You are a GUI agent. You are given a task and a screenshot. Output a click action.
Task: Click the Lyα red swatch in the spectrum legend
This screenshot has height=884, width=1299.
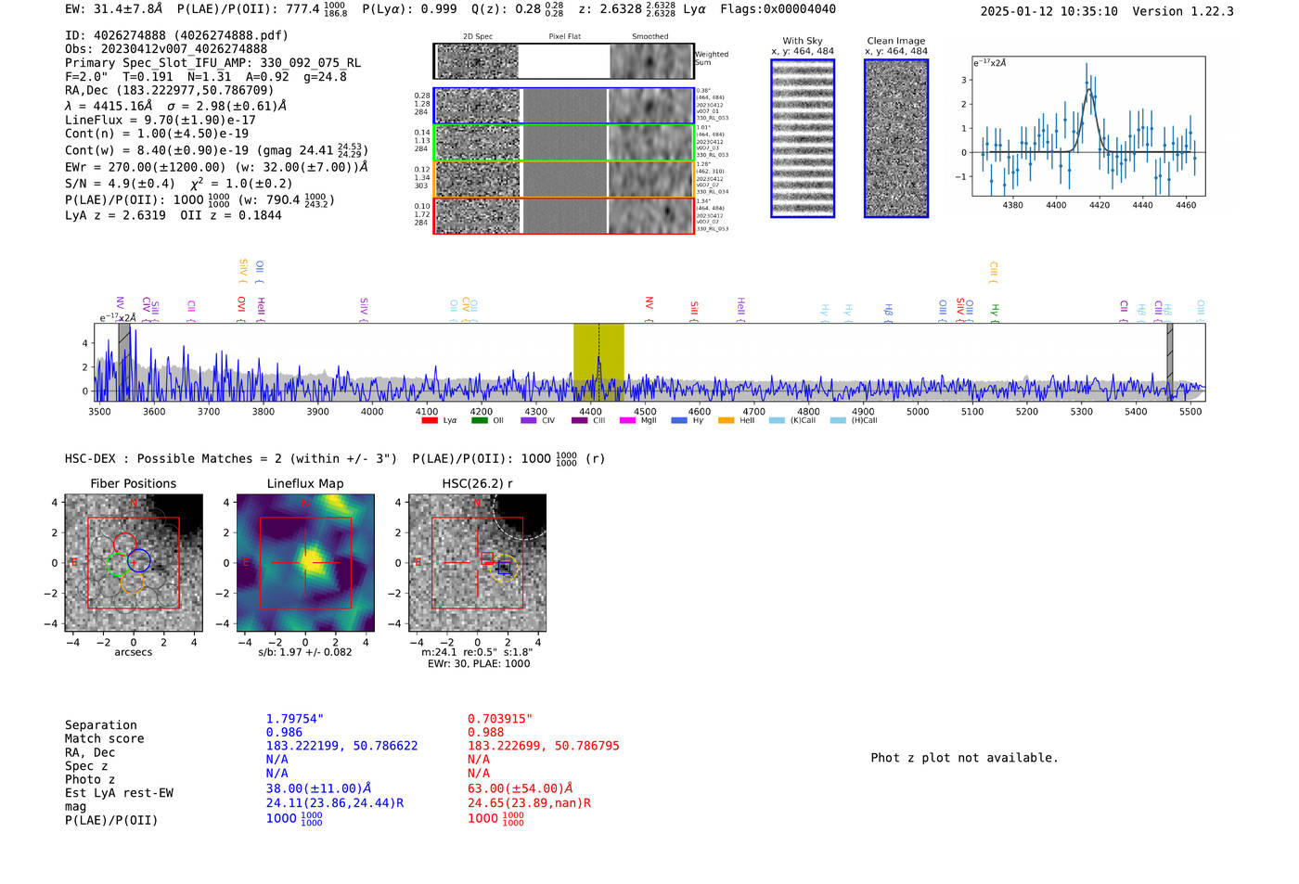(x=430, y=421)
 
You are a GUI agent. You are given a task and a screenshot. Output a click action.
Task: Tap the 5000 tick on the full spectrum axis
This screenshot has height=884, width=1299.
(x=918, y=406)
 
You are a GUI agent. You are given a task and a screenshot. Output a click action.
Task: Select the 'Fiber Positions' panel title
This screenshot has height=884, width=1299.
(x=133, y=483)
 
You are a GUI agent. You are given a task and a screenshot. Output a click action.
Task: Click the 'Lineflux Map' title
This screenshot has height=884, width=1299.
(x=305, y=483)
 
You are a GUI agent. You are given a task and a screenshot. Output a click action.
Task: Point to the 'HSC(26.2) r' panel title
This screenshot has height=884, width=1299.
(x=477, y=483)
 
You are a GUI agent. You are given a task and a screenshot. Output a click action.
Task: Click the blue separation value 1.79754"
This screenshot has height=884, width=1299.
(x=294, y=719)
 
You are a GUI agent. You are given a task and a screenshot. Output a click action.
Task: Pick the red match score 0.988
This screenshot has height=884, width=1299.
(x=485, y=733)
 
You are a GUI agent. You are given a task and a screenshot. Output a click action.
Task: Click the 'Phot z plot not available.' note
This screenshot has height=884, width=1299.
(x=964, y=758)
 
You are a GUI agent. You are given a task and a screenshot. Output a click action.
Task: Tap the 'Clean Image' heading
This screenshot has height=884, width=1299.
(x=895, y=41)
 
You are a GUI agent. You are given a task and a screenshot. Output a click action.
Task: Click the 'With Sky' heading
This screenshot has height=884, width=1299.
(x=803, y=41)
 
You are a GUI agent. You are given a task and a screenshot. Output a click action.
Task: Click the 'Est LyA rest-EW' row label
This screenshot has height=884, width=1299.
(x=119, y=793)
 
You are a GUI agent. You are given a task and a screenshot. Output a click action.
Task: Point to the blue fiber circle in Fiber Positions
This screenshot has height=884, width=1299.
(x=139, y=560)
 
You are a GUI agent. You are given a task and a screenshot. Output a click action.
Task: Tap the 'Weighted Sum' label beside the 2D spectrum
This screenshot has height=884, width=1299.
(x=712, y=58)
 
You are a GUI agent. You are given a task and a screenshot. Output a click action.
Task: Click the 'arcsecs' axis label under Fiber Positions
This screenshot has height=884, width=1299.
(x=133, y=652)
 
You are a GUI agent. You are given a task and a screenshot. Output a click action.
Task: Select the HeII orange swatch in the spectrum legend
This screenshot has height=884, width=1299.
(x=726, y=421)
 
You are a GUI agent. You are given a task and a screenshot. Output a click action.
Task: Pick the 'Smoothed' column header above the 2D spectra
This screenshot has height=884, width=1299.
(x=649, y=37)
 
